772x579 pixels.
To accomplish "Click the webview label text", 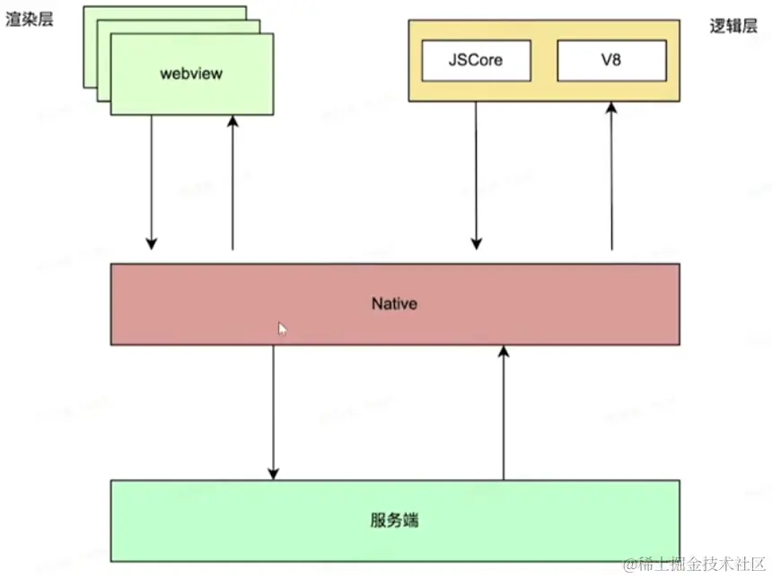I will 191,74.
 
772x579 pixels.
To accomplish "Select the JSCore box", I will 476,61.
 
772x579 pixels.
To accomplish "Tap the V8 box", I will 611,61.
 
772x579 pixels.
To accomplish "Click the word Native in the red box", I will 395,303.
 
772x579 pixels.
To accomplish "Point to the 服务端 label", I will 395,521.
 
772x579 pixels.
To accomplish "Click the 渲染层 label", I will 29,19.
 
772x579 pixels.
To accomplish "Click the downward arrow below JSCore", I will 477,175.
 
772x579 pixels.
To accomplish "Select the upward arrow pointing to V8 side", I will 611,175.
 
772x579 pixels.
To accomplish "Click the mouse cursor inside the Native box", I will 282,329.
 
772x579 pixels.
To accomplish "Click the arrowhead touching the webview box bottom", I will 233,123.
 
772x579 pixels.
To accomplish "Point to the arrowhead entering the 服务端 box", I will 274,473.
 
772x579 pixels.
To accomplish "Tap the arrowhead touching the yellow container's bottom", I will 611,109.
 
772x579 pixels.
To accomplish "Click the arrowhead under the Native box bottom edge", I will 504,352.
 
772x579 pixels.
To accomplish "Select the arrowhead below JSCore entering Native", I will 477,242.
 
